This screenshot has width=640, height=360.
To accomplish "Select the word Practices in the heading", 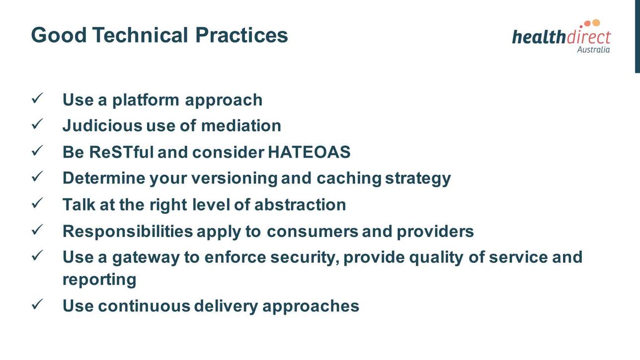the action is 241,35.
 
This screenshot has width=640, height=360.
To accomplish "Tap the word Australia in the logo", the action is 593,50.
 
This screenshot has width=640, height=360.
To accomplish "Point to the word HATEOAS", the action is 309,152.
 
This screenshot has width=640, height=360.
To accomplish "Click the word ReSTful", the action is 121,152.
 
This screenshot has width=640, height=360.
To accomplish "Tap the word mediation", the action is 241,126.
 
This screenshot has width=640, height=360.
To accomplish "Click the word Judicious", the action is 102,126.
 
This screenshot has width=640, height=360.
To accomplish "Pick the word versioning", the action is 235,179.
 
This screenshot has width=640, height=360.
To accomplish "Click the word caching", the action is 349,179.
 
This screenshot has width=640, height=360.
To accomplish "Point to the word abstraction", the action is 300,205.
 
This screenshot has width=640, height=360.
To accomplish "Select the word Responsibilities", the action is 128,232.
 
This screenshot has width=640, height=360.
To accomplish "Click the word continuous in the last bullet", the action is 144,306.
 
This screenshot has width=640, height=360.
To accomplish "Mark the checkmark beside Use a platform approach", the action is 37,98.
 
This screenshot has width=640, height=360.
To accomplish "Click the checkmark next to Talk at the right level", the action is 37,203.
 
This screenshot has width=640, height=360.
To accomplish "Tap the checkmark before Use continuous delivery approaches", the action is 37,304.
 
